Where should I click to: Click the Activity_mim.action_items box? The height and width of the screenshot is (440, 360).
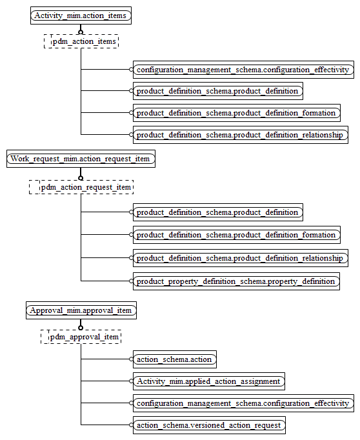click(81, 15)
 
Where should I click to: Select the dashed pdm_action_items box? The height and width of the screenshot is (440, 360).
click(81, 41)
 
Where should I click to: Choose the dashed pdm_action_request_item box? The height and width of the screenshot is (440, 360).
click(81, 187)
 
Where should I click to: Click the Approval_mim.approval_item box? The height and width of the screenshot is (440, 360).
click(81, 310)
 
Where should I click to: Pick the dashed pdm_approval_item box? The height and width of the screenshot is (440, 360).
click(81, 336)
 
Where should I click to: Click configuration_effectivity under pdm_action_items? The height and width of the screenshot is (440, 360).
click(243, 69)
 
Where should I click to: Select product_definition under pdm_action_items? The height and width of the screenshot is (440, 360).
click(217, 91)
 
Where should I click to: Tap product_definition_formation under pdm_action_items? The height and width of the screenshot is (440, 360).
click(236, 113)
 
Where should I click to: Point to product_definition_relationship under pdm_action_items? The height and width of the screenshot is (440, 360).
click(240, 135)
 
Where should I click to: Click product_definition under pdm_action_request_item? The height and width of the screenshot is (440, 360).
click(217, 212)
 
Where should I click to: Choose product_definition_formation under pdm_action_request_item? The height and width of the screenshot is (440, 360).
click(236, 235)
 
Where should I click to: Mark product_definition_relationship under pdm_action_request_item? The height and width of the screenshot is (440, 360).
click(240, 258)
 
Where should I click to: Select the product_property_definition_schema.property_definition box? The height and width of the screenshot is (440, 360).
click(236, 281)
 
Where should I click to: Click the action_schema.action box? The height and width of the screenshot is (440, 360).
click(174, 359)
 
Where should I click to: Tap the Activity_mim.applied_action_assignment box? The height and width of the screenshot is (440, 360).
click(208, 381)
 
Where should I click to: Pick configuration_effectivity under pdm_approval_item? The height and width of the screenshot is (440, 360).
click(243, 403)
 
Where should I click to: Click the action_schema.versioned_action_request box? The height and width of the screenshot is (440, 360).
click(208, 425)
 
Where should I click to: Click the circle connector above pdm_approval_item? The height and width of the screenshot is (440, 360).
click(81, 326)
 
